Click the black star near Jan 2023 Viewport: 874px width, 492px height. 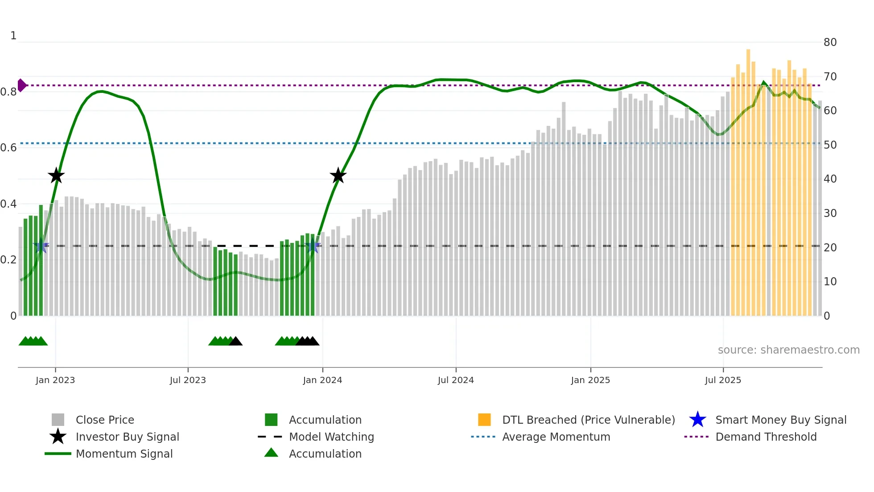pyautogui.click(x=56, y=175)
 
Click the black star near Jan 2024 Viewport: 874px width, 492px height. pyautogui.click(x=338, y=175)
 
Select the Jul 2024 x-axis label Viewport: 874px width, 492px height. pyautogui.click(x=456, y=380)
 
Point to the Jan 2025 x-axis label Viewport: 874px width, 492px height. pyautogui.click(x=590, y=380)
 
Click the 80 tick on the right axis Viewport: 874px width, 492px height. pyautogui.click(x=830, y=42)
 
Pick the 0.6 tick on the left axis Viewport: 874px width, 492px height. pyautogui.click(x=8, y=147)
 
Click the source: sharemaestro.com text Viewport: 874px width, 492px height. pyautogui.click(x=788, y=350)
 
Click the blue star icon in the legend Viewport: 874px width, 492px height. pyautogui.click(x=697, y=420)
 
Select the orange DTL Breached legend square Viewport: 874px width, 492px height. pyautogui.click(x=484, y=420)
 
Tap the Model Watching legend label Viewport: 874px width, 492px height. pyautogui.click(x=331, y=437)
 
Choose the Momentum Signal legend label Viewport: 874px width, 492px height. pyautogui.click(x=124, y=454)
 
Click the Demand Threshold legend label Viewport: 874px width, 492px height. pyautogui.click(x=766, y=437)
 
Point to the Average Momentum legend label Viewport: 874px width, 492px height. pyautogui.click(x=556, y=437)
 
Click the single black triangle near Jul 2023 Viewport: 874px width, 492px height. pyautogui.click(x=235, y=342)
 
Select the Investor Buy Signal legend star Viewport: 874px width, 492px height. pyautogui.click(x=58, y=437)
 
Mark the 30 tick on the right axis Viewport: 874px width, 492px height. pyautogui.click(x=830, y=213)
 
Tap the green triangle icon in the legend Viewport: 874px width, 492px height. pyautogui.click(x=271, y=453)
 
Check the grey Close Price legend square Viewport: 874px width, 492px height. pyautogui.click(x=58, y=420)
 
